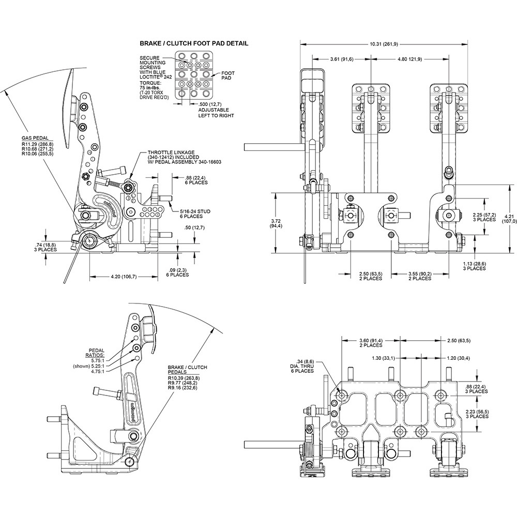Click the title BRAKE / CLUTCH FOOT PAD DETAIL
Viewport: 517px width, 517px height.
click(194, 43)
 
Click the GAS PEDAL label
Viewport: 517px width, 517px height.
click(32, 139)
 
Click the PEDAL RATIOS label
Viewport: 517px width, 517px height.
click(96, 352)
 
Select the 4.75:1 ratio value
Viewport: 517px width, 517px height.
click(98, 371)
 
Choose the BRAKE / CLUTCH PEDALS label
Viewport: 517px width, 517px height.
click(187, 371)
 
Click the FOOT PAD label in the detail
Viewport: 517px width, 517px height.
click(228, 77)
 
